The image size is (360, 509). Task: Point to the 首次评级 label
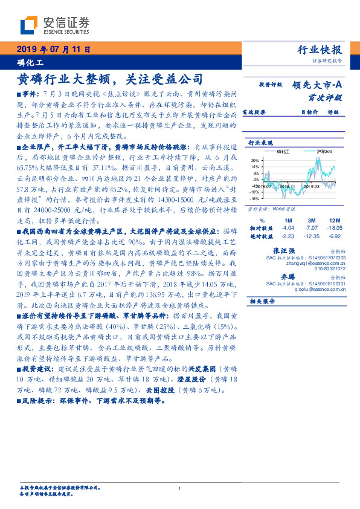click(326, 97)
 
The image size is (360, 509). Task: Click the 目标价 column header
click(310, 112)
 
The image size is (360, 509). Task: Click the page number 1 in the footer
click(180, 489)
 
